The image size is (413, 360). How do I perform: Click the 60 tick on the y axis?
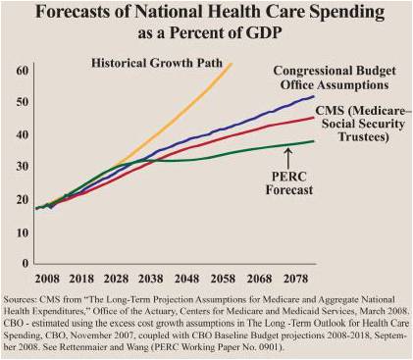21,72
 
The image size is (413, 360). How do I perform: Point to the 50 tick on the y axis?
21,103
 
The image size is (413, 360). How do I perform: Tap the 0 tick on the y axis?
24,264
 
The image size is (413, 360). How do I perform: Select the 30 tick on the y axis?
21,168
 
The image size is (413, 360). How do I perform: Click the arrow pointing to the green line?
287,153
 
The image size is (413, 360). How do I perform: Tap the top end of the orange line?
232,64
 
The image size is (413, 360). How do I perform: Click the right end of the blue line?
314,96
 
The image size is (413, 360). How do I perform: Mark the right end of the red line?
314,118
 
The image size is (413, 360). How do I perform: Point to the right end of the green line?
314,141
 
